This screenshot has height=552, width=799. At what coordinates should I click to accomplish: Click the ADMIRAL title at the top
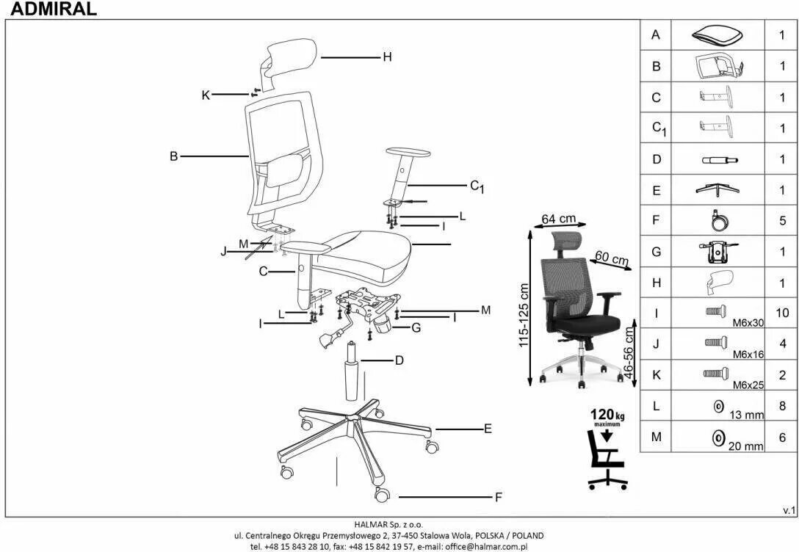(48, 9)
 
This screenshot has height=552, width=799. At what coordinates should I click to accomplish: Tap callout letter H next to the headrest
(387, 57)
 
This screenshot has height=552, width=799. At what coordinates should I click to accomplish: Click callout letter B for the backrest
(174, 156)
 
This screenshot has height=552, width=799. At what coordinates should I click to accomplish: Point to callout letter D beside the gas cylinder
(399, 360)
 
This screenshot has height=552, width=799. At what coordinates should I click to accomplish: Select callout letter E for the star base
(488, 429)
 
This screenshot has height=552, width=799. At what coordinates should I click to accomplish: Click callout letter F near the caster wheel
(498, 498)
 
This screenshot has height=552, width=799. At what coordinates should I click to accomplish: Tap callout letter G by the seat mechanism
(416, 327)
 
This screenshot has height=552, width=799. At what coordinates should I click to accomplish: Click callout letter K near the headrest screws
(206, 95)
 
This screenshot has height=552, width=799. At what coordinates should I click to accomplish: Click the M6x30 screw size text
(748, 322)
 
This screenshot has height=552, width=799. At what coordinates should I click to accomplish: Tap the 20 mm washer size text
(746, 445)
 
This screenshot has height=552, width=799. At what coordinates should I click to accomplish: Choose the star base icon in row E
(717, 189)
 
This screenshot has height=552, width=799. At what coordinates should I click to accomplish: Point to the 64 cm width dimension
(558, 219)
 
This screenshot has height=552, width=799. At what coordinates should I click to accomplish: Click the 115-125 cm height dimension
(524, 316)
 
